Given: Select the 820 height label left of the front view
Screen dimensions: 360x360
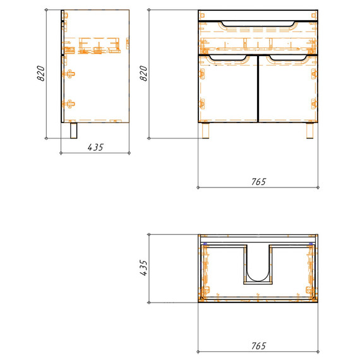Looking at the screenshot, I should (x=143, y=75).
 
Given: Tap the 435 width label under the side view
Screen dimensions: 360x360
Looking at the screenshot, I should (x=95, y=147).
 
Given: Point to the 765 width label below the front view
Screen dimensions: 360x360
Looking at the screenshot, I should (x=258, y=182).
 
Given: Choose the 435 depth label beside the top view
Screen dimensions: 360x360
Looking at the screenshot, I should (x=143, y=268).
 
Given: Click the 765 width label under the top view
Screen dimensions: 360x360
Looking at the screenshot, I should (x=258, y=345).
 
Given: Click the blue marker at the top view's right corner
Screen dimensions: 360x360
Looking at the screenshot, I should (x=311, y=243).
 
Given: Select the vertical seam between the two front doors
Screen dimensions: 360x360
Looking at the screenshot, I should (x=258, y=88).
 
